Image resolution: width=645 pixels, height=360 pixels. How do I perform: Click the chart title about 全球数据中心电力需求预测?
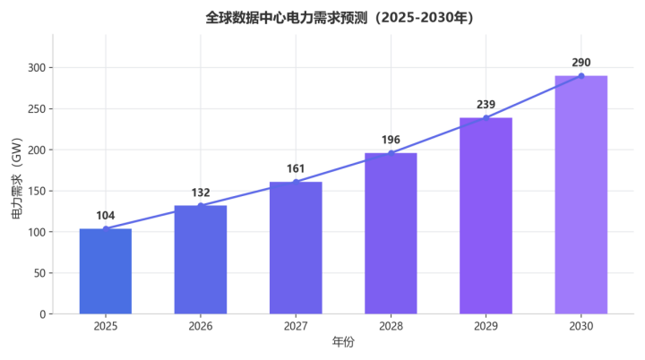tap(340, 18)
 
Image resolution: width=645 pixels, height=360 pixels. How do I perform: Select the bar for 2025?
tap(106, 271)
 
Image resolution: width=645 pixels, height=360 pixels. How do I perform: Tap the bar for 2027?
tap(296, 248)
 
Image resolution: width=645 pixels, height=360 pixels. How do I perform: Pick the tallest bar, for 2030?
tap(580, 194)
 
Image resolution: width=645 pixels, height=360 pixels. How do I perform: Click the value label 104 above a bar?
tap(106, 216)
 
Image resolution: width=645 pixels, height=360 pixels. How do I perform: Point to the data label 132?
tap(201, 193)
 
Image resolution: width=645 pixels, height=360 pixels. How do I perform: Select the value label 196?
tap(391, 140)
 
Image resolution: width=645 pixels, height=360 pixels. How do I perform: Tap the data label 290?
tap(580, 63)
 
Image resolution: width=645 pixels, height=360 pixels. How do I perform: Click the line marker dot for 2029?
tap(486, 117)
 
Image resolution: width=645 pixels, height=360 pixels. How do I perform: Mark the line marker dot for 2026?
tap(201, 206)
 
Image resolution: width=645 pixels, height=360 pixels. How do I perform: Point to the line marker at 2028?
tap(391, 153)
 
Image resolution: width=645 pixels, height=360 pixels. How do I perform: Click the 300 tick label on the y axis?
tap(37, 67)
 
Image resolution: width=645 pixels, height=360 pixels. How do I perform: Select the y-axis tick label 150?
tap(37, 191)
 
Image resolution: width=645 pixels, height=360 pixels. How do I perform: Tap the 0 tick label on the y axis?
tap(43, 314)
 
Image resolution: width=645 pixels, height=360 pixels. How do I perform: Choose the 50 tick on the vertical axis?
tap(40, 273)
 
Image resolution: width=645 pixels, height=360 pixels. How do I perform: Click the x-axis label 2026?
tap(201, 326)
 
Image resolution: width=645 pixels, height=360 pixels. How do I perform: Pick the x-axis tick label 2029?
tap(486, 326)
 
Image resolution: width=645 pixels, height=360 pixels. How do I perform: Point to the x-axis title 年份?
tap(343, 341)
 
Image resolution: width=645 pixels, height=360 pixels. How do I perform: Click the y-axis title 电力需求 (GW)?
tap(16, 178)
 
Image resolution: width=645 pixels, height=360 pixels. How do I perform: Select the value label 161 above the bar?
tap(296, 168)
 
